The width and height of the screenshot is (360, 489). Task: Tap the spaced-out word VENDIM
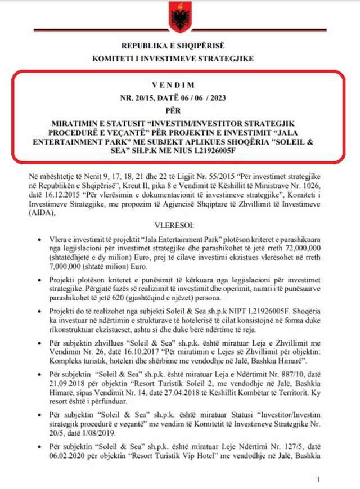(x=180, y=85)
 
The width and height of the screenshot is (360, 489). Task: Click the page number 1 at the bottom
(x=319, y=479)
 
